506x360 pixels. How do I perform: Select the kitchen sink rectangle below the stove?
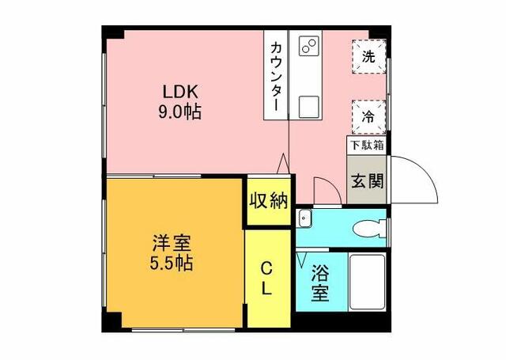tap(309, 104)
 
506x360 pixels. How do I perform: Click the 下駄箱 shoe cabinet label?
tap(368, 146)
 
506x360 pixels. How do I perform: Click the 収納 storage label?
tap(267, 201)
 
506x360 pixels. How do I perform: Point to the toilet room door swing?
tap(323, 190)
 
